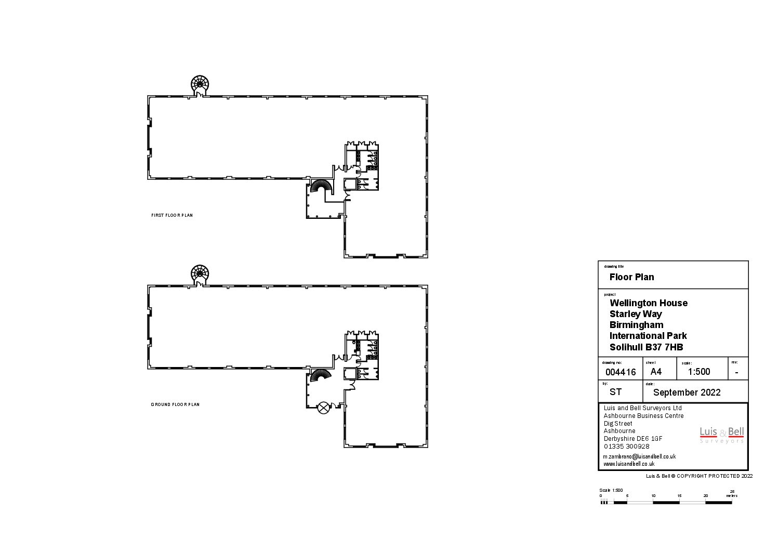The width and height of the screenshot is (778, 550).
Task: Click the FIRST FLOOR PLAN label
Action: pyautogui.click(x=172, y=215)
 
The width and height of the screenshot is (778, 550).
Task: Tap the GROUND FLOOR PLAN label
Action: pyautogui.click(x=175, y=404)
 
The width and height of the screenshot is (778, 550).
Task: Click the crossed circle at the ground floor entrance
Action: pyautogui.click(x=324, y=408)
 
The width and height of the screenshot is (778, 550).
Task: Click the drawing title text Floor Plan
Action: pyautogui.click(x=631, y=277)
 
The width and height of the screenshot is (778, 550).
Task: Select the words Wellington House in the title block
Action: pyautogui.click(x=648, y=303)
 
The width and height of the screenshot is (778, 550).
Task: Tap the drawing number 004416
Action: pyautogui.click(x=621, y=372)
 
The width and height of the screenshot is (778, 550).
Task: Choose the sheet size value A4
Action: pyautogui.click(x=656, y=372)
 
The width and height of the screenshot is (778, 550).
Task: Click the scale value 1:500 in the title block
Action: pyautogui.click(x=698, y=372)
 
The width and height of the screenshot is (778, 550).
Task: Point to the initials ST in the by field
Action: pyautogui.click(x=615, y=392)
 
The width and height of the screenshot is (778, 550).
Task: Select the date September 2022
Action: pyautogui.click(x=687, y=392)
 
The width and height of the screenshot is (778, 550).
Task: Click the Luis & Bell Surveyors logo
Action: pyautogui.click(x=721, y=435)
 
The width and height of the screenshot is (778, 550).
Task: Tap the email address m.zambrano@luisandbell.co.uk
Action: pyautogui.click(x=639, y=456)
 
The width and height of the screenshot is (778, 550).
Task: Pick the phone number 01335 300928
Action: pyautogui.click(x=626, y=447)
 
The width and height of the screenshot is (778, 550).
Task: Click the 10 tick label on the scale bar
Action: pyautogui.click(x=653, y=496)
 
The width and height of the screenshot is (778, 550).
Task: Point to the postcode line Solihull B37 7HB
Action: pyautogui.click(x=646, y=347)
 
